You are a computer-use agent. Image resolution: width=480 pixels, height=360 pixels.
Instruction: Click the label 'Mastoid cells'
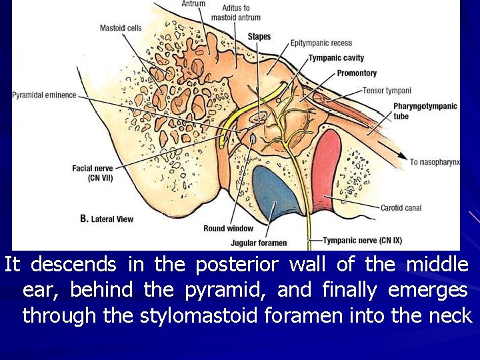click(121, 28)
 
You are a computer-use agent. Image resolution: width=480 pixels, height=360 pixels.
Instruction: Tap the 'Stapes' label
click(259, 36)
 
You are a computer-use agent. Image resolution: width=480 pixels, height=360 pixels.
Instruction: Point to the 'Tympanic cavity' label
click(336, 58)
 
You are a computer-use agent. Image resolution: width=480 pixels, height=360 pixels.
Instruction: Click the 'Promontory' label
click(357, 73)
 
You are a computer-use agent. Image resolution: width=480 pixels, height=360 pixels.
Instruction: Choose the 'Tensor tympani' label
click(387, 91)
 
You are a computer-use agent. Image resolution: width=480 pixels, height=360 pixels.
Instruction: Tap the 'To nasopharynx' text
click(434, 162)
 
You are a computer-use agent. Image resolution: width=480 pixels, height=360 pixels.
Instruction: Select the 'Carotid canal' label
click(401, 208)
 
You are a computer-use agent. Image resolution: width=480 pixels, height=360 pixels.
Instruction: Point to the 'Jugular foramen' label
click(259, 243)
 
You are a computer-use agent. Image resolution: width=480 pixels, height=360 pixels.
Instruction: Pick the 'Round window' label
click(229, 229)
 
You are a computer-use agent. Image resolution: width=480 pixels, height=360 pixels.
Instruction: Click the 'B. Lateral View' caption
click(107, 219)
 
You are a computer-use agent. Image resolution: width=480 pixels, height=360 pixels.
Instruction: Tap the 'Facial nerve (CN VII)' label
click(91, 173)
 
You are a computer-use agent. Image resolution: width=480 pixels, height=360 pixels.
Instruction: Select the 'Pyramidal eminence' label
click(44, 95)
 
